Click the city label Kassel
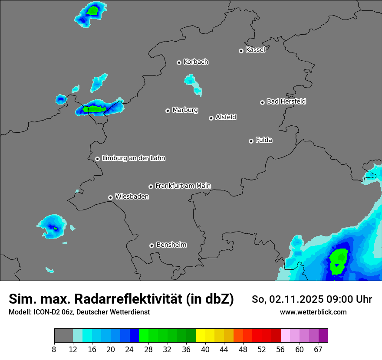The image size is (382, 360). [x=255, y=50]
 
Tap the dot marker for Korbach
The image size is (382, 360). [x=179, y=62]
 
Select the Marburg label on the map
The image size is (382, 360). [x=185, y=110]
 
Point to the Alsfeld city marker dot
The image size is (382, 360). [x=211, y=118]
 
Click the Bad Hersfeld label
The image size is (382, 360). [x=286, y=101]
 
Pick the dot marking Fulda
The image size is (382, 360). [x=251, y=141]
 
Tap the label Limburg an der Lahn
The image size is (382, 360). [x=133, y=158]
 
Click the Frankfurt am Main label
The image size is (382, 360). [x=183, y=186]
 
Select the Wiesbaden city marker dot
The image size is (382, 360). [x=110, y=197]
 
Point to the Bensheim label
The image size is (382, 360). [x=171, y=245]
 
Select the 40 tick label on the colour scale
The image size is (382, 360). [x=205, y=350]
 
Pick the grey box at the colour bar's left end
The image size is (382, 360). [x=63, y=336]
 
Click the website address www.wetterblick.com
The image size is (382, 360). [x=313, y=312]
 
